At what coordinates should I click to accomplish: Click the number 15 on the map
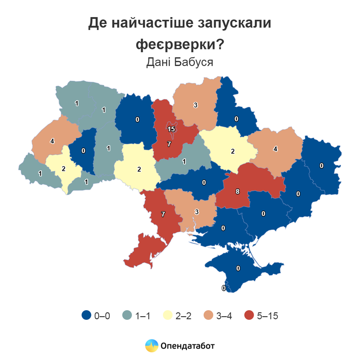click(171, 129)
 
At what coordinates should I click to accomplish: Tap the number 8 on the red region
click(238, 191)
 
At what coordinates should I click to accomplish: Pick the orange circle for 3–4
click(208, 316)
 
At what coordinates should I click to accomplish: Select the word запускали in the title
click(234, 23)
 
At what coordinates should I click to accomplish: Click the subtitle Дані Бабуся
click(180, 62)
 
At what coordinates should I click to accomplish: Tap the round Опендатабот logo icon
click(151, 345)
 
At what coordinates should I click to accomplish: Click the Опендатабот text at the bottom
click(188, 345)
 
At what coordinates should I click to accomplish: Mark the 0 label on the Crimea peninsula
click(238, 268)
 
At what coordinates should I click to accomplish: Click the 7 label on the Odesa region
click(162, 214)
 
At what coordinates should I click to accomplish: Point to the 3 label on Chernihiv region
click(195, 105)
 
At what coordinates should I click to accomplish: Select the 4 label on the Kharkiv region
click(275, 149)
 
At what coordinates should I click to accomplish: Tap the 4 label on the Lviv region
click(52, 141)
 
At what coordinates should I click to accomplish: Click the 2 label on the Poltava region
click(233, 151)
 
